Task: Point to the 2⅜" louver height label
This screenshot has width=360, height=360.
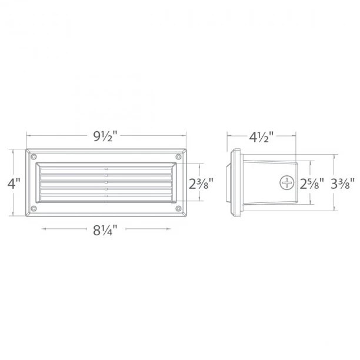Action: (x=199, y=183)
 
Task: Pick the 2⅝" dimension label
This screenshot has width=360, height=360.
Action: (x=311, y=183)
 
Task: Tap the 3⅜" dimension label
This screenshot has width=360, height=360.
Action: (x=342, y=183)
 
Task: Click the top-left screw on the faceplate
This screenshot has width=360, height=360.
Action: (x=33, y=157)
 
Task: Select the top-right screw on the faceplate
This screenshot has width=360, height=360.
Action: (x=177, y=157)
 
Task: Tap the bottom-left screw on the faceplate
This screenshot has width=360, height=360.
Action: (x=33, y=208)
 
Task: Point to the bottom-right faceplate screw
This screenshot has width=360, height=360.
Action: (x=177, y=208)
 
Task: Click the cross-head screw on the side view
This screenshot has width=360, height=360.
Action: (x=288, y=183)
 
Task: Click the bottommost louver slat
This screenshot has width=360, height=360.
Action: (x=106, y=195)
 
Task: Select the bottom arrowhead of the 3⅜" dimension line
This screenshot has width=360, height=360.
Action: (x=335, y=209)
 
